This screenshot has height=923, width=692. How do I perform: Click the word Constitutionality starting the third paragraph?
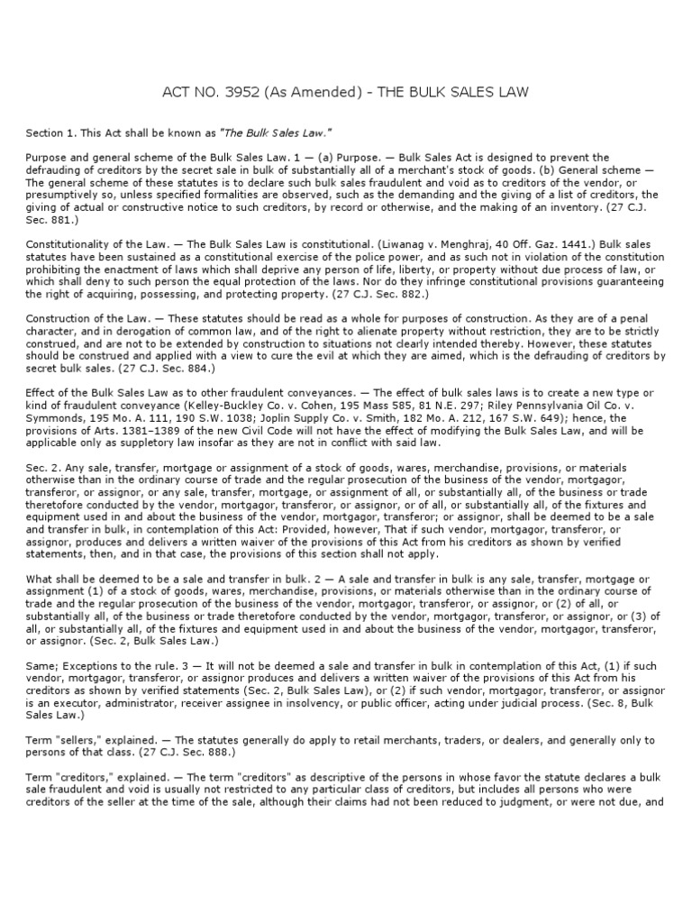pos(63,244)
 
